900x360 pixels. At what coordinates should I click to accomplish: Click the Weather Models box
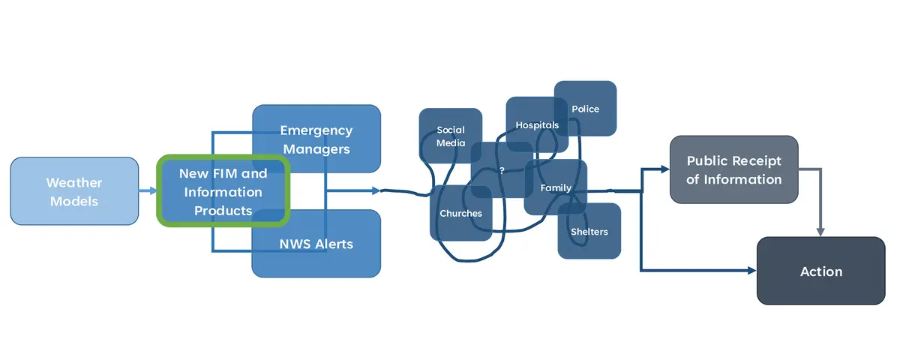point(74,191)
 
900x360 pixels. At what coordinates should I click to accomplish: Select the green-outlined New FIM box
point(223,191)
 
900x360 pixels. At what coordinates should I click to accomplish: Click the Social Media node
point(450,136)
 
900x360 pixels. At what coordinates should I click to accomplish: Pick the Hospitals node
point(537,124)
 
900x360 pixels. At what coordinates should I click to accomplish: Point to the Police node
point(586,109)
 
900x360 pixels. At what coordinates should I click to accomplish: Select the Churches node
point(460,214)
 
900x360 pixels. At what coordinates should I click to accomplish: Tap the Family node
point(556,187)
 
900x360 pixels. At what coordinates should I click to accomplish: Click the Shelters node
point(589,231)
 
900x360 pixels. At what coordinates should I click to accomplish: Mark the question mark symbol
point(502,170)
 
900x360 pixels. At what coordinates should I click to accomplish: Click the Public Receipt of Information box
point(733,169)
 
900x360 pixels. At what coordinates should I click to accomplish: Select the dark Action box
point(820,271)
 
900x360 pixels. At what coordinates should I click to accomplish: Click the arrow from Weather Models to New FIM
point(148,191)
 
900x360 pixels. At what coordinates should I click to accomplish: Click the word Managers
point(316,148)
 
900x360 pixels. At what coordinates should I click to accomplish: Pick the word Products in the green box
point(223,211)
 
